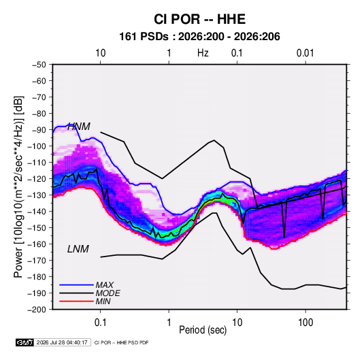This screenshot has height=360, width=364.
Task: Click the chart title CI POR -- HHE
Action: click(199, 19)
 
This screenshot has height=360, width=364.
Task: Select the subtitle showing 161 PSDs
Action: click(199, 37)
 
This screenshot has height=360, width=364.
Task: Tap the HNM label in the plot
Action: click(79, 127)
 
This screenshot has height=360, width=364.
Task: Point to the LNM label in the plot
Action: click(78, 249)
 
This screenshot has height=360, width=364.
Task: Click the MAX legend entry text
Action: click(105, 285)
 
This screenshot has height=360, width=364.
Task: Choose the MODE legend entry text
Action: click(108, 293)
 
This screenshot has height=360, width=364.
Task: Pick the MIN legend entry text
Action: click(103, 301)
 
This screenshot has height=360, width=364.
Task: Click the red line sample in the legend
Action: click(76, 301)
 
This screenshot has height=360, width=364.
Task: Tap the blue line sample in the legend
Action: click(76, 284)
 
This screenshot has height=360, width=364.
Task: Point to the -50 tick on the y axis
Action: click(39, 65)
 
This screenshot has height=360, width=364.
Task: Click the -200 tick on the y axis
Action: click(37, 310)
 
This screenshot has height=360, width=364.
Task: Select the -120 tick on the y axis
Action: click(37, 179)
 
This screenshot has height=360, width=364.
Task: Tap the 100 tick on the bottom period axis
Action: click(305, 323)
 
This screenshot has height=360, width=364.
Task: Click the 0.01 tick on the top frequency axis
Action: click(305, 53)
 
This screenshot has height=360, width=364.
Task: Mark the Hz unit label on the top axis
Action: click(203, 53)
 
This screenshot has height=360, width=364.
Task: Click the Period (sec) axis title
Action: click(203, 330)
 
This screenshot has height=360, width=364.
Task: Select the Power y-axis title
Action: click(18, 186)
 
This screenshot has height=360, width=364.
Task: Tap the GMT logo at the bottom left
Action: click(25, 342)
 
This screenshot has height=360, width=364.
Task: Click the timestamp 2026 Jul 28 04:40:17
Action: click(62, 342)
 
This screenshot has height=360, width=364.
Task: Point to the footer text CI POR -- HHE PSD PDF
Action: click(121, 342)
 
